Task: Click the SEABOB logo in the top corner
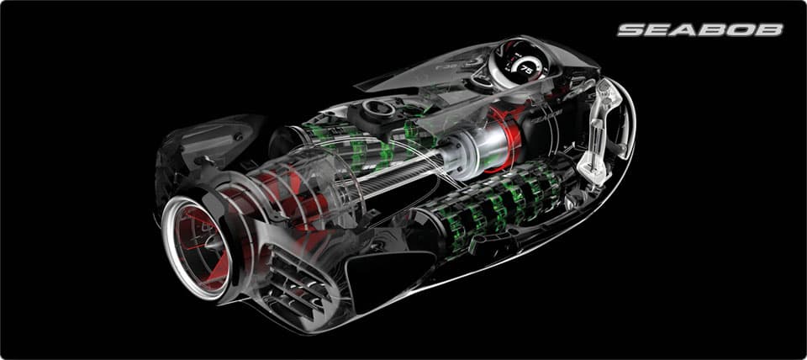[700, 30]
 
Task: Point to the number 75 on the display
[526, 70]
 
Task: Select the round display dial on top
[519, 61]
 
